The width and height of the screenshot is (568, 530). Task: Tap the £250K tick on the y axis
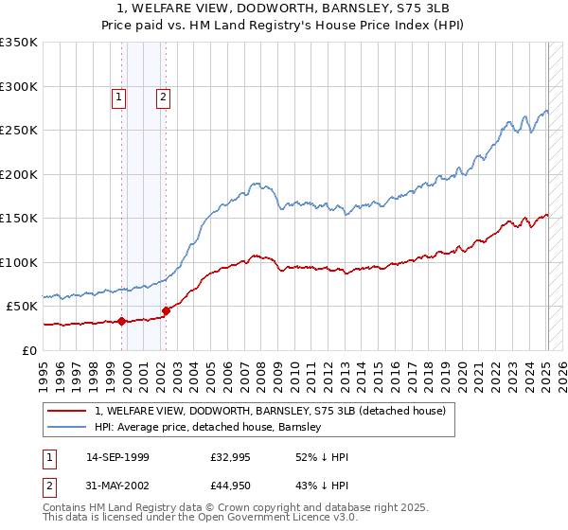pos(19,131)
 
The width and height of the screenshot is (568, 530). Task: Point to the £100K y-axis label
pos(19,262)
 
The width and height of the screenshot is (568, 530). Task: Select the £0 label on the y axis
pos(29,350)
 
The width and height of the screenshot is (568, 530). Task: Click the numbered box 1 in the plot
pos(118,97)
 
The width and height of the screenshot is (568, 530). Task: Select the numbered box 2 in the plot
pos(163,97)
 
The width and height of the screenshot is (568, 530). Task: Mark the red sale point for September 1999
pos(122,321)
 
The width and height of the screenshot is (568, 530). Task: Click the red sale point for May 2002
pos(167,310)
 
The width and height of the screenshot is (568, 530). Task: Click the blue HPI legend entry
pos(208,427)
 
